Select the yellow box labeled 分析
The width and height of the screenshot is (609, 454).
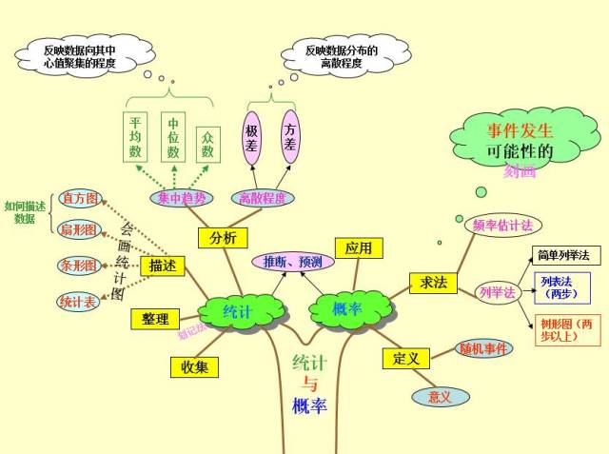pos(223,238)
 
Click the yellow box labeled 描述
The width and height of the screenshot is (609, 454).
pos(163,266)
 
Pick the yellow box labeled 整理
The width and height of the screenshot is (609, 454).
pos(154,319)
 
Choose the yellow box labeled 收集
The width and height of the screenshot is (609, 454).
pos(195,366)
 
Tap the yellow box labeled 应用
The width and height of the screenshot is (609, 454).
pos(359,248)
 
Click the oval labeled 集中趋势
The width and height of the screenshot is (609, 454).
pos(182,197)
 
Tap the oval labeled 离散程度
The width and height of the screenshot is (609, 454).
pos(263,197)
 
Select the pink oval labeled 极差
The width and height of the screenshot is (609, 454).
pos(252,137)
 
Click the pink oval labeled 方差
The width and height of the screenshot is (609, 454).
pos(291,137)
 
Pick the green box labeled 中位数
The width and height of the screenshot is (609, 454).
pos(173,138)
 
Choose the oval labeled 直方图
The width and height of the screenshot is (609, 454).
pos(79,199)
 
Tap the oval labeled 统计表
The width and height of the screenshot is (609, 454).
pos(78,302)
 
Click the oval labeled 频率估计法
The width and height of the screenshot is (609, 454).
pos(501,226)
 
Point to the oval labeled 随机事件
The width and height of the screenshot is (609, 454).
pos(484,348)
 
